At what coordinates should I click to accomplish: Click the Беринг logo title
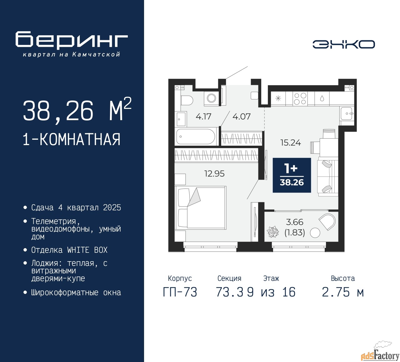click(x=71, y=40)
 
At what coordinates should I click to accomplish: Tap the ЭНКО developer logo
click(x=343, y=44)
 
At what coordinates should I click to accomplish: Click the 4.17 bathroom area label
click(x=203, y=116)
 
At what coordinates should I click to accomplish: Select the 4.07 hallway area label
click(x=242, y=116)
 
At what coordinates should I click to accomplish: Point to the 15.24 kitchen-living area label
click(x=291, y=143)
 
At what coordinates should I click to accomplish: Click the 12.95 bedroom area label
click(x=214, y=174)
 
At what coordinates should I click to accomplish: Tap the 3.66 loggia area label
click(x=294, y=222)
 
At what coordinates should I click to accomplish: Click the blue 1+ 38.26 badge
click(x=292, y=175)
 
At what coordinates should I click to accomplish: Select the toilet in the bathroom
click(x=187, y=100)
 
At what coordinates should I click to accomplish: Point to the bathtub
click(x=196, y=137)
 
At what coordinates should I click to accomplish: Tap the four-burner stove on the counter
click(x=300, y=99)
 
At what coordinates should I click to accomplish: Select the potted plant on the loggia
click(x=272, y=232)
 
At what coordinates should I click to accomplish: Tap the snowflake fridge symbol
click(x=278, y=98)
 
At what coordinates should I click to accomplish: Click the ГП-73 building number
click(x=180, y=292)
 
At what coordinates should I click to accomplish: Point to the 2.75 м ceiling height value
click(x=343, y=292)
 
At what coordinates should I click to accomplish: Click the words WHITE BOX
click(x=87, y=250)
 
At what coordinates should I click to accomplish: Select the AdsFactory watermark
click(x=380, y=354)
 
